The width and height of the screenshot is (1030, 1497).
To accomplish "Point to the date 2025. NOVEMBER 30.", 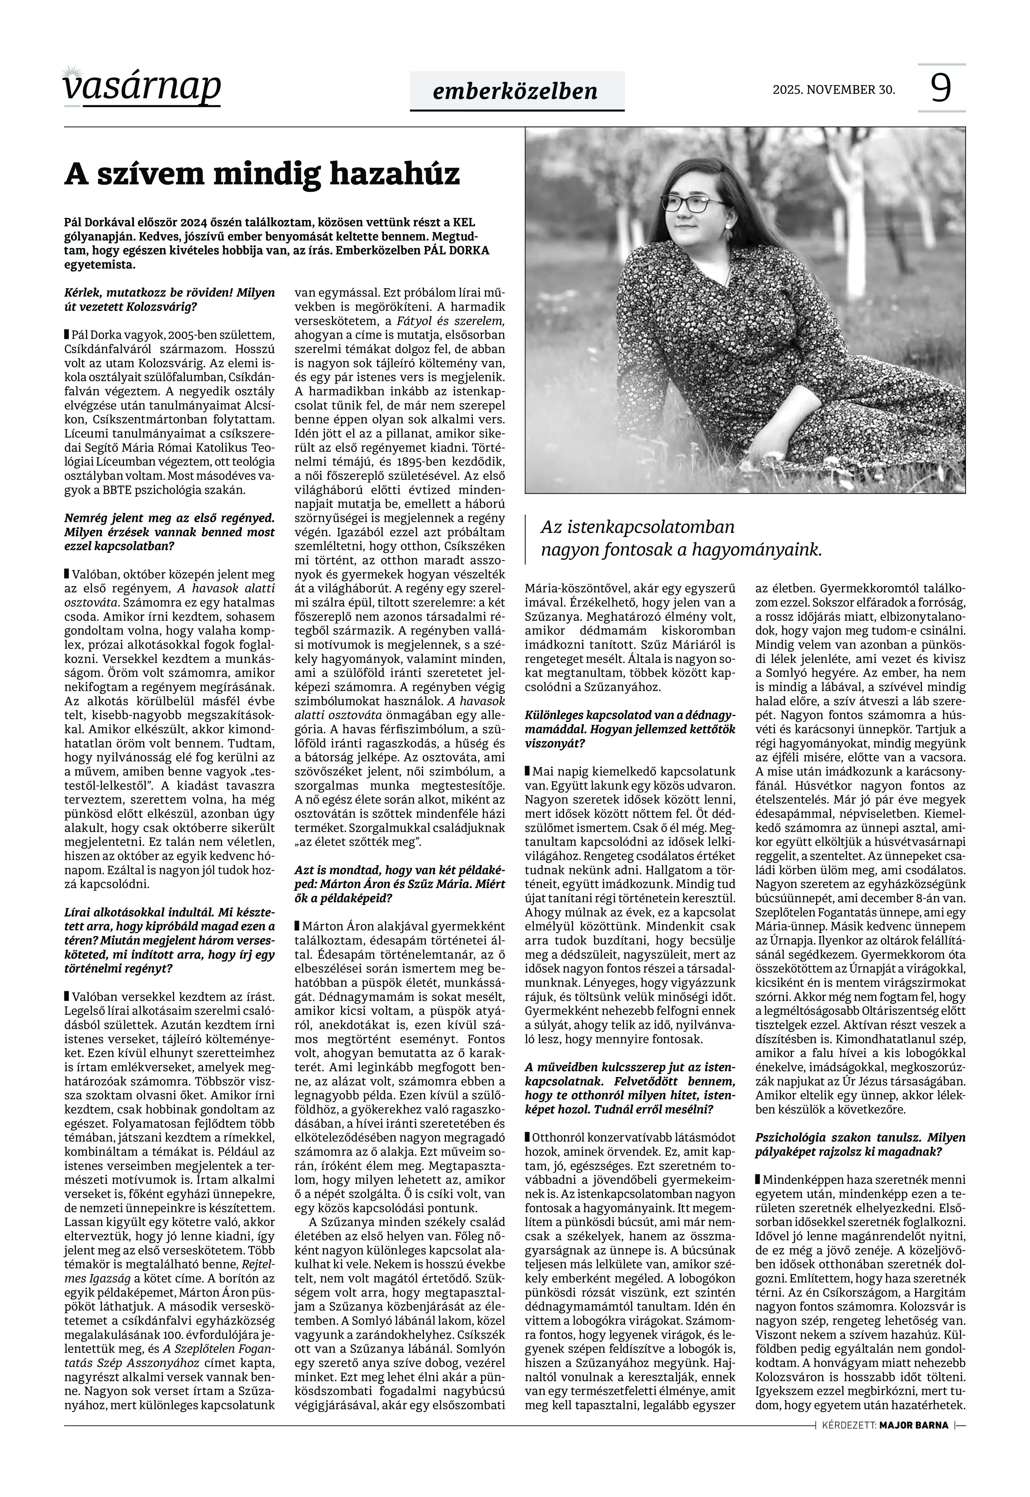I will (834, 90).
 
